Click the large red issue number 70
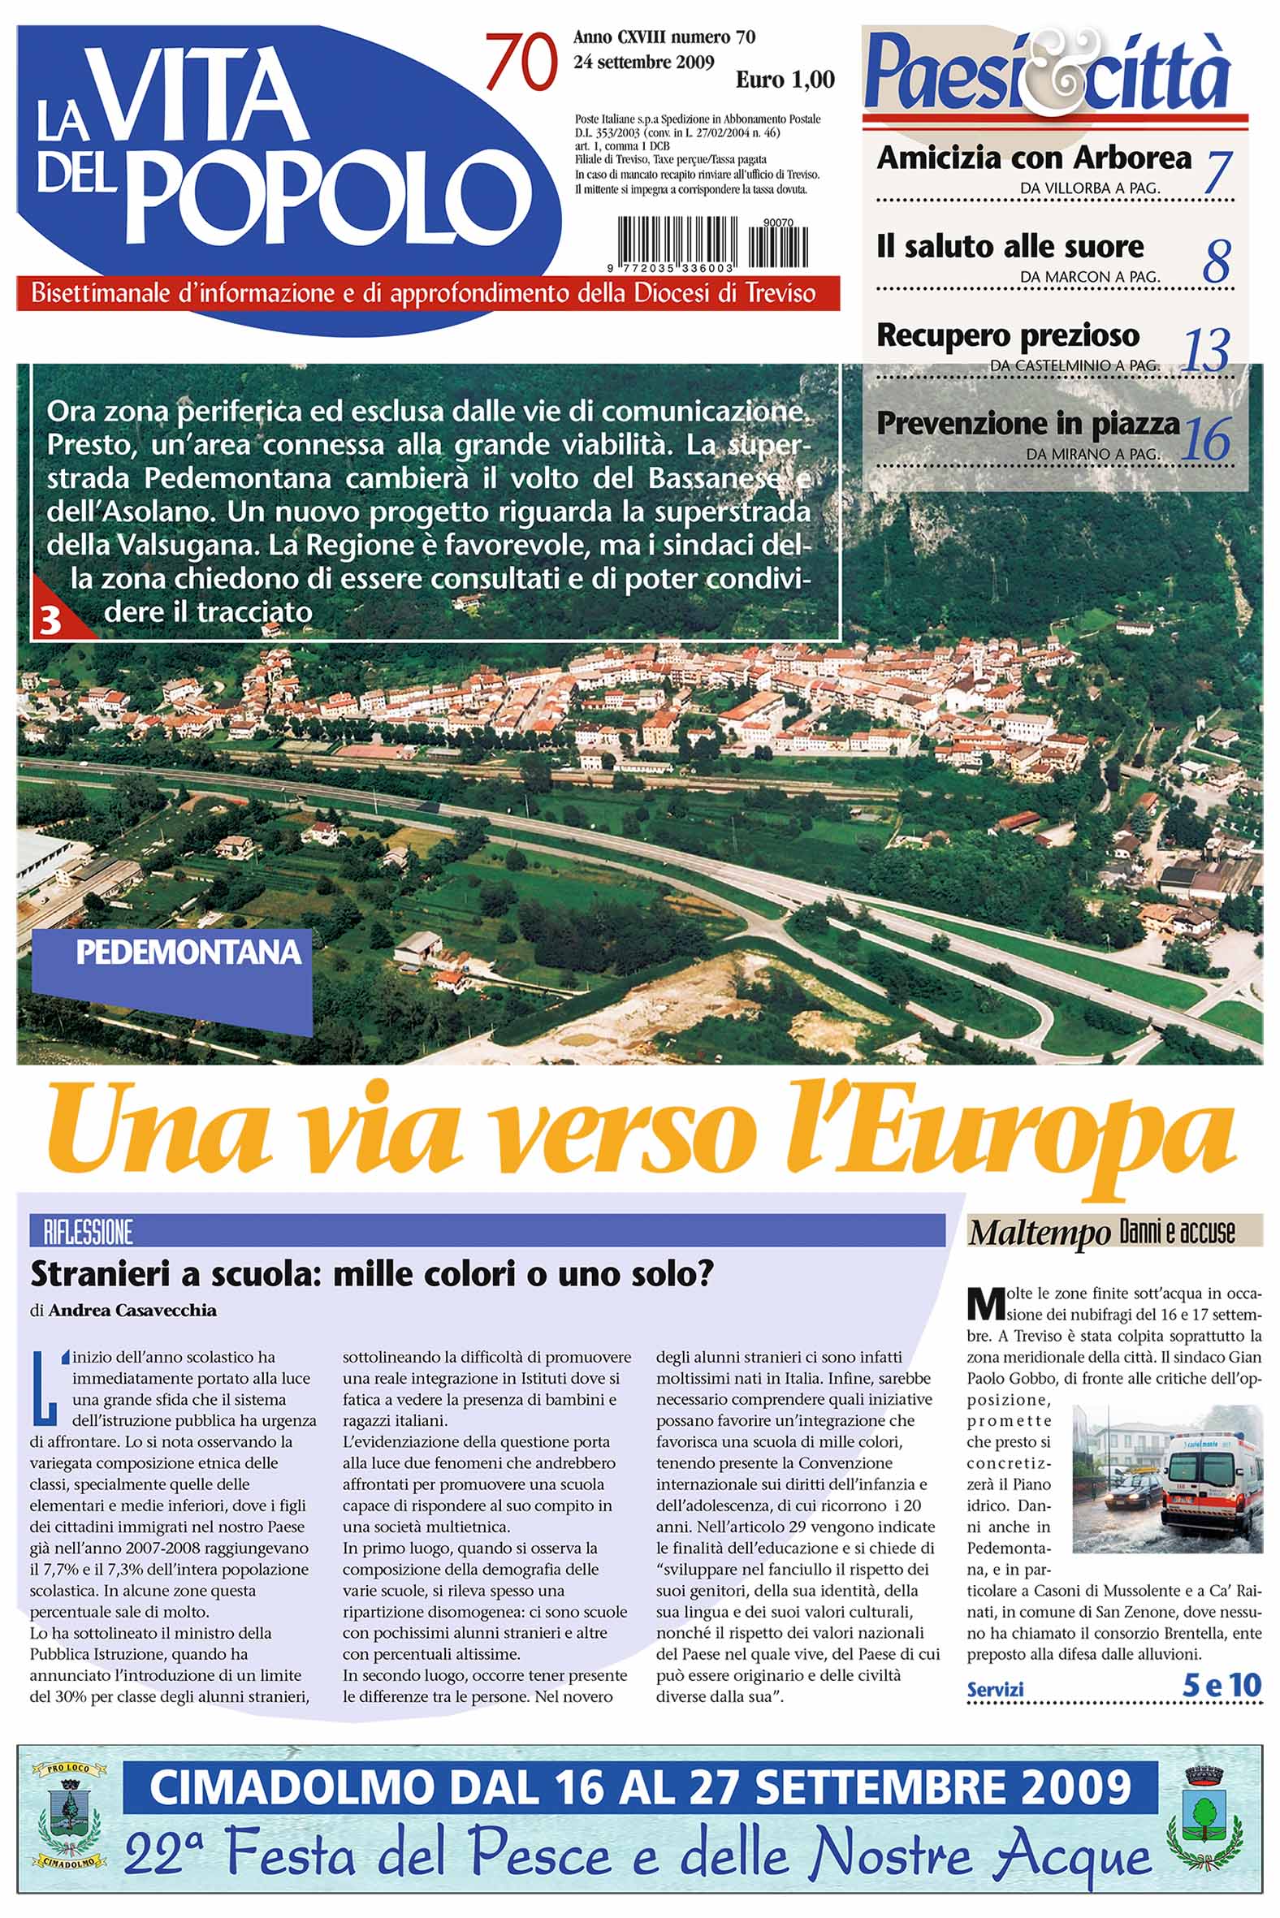[x=521, y=63]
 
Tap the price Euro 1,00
[x=785, y=80]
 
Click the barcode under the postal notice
[x=711, y=244]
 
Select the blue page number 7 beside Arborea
[x=1217, y=172]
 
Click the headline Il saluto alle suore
[x=1010, y=247]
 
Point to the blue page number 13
[x=1207, y=351]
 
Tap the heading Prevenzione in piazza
[x=1027, y=424]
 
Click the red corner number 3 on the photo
[x=50, y=621]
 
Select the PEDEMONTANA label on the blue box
[x=188, y=953]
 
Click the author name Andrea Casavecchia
[x=133, y=1311]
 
